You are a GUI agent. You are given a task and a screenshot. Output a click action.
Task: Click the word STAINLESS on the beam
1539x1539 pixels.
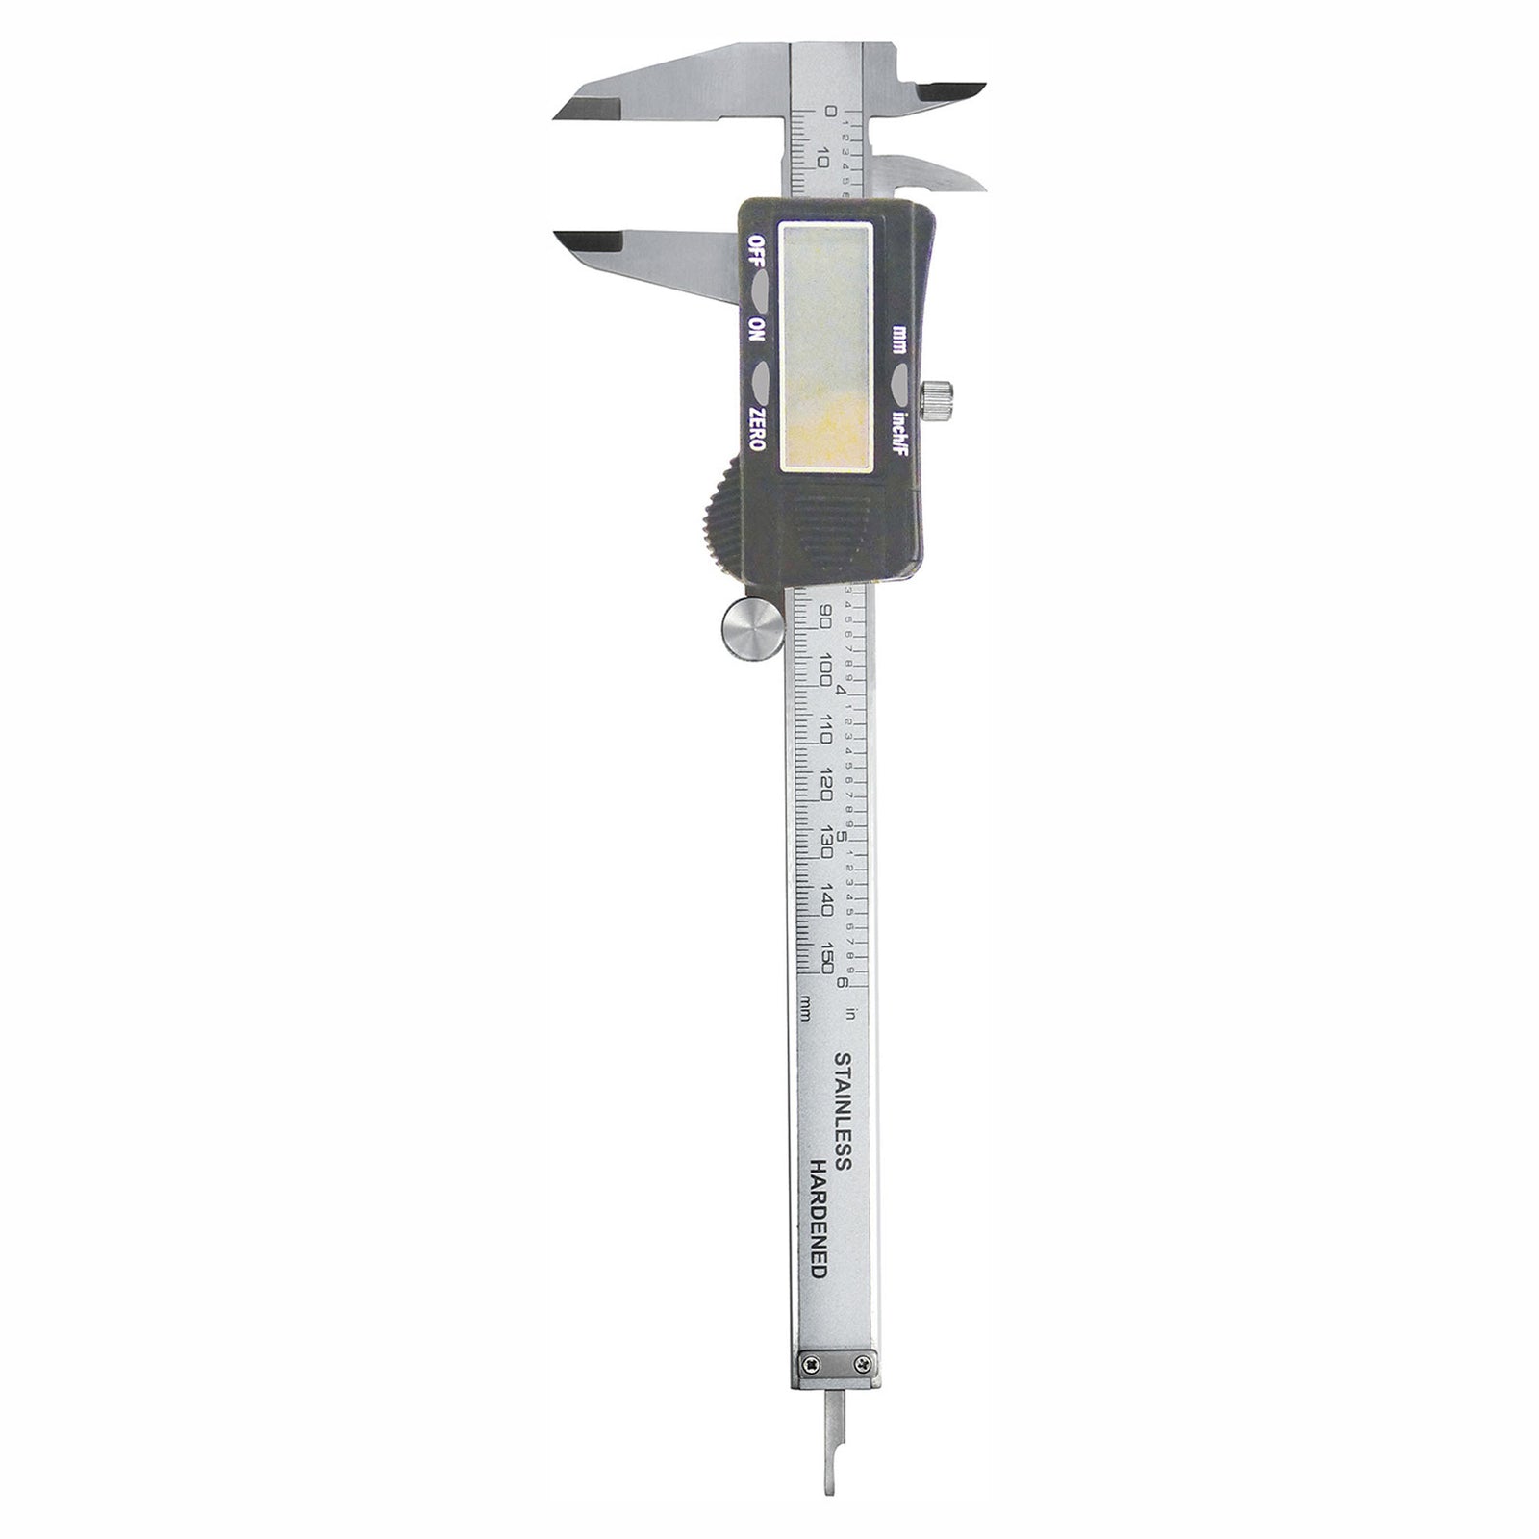click(x=841, y=1111)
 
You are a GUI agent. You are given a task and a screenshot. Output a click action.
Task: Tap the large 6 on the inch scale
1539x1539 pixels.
click(x=843, y=982)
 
